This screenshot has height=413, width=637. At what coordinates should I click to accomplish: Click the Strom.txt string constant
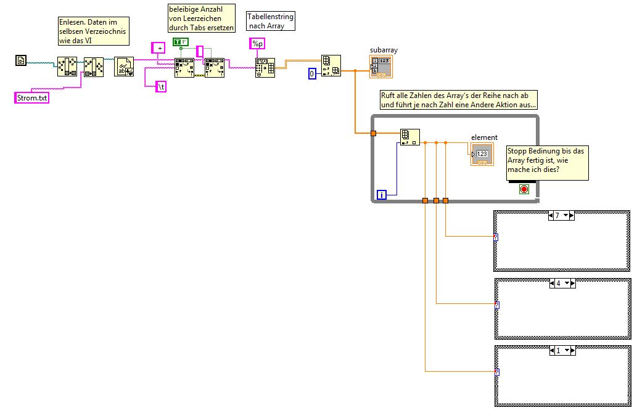tap(31, 97)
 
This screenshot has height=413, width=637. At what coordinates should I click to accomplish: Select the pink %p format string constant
tap(257, 43)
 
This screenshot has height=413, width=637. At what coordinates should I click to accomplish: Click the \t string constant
tap(160, 87)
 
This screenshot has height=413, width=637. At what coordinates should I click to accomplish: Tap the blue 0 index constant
tap(312, 74)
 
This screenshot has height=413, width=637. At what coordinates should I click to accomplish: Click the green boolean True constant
tap(181, 42)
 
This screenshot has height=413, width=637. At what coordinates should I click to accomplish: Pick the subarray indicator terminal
tap(380, 67)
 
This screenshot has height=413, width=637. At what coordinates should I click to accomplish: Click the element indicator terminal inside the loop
tap(481, 154)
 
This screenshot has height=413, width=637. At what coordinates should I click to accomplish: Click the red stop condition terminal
tap(524, 189)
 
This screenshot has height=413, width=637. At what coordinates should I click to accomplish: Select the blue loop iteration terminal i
tap(382, 195)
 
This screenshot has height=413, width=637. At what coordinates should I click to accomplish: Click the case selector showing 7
tap(562, 215)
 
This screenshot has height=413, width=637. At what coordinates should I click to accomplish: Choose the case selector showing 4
tap(562, 283)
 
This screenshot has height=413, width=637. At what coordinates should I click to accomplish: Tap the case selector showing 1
tap(562, 350)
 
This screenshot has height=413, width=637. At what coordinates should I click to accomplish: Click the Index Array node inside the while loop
tap(409, 137)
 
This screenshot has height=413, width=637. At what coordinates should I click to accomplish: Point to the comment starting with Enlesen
tap(93, 31)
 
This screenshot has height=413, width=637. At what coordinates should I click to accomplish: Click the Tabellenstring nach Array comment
tap(271, 21)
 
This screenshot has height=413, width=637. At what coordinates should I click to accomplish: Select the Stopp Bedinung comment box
tap(547, 163)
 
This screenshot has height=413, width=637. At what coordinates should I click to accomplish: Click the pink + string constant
tap(159, 47)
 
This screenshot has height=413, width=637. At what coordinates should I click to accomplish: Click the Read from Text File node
tap(124, 67)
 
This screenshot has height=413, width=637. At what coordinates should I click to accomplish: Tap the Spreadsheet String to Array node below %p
tap(265, 68)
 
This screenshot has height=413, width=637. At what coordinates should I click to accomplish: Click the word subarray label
tap(382, 49)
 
